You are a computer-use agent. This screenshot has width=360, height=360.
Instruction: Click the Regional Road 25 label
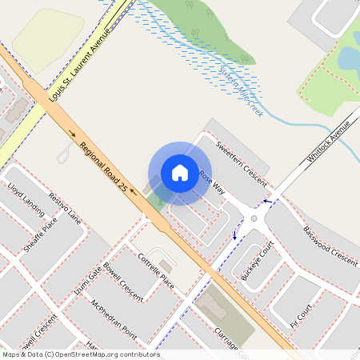point(103,167)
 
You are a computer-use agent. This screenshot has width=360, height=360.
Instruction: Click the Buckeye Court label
point(257,260)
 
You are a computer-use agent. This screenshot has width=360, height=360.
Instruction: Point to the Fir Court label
point(299,316)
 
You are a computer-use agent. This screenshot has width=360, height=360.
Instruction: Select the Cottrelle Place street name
point(156,271)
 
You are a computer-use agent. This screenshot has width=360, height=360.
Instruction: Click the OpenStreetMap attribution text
point(81,354)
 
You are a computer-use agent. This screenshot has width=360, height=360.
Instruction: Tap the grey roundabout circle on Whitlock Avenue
point(254,218)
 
